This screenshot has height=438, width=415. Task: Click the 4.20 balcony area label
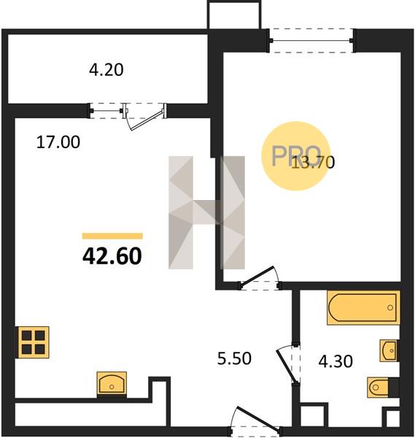coord(106,70)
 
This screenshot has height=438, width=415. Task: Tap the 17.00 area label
coord(58,142)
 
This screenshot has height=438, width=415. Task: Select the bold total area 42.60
coord(112,256)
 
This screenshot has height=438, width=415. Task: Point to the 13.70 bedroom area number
coord(313,163)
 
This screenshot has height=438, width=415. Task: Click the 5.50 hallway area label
coord(234,358)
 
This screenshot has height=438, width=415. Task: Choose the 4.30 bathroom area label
coord(336,361)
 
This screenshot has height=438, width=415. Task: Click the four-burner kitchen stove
coord(34,342)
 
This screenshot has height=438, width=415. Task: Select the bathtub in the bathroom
coord(363,307)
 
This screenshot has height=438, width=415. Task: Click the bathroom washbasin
coord(389,351)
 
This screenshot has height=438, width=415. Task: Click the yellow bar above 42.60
coord(112,237)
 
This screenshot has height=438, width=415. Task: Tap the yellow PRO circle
coord(296,156)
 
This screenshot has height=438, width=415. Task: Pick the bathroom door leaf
coord(286,366)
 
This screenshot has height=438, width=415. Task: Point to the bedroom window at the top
coord(311,41)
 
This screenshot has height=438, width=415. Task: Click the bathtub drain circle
coord(390,308)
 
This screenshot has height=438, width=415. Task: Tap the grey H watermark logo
coord(207,212)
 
